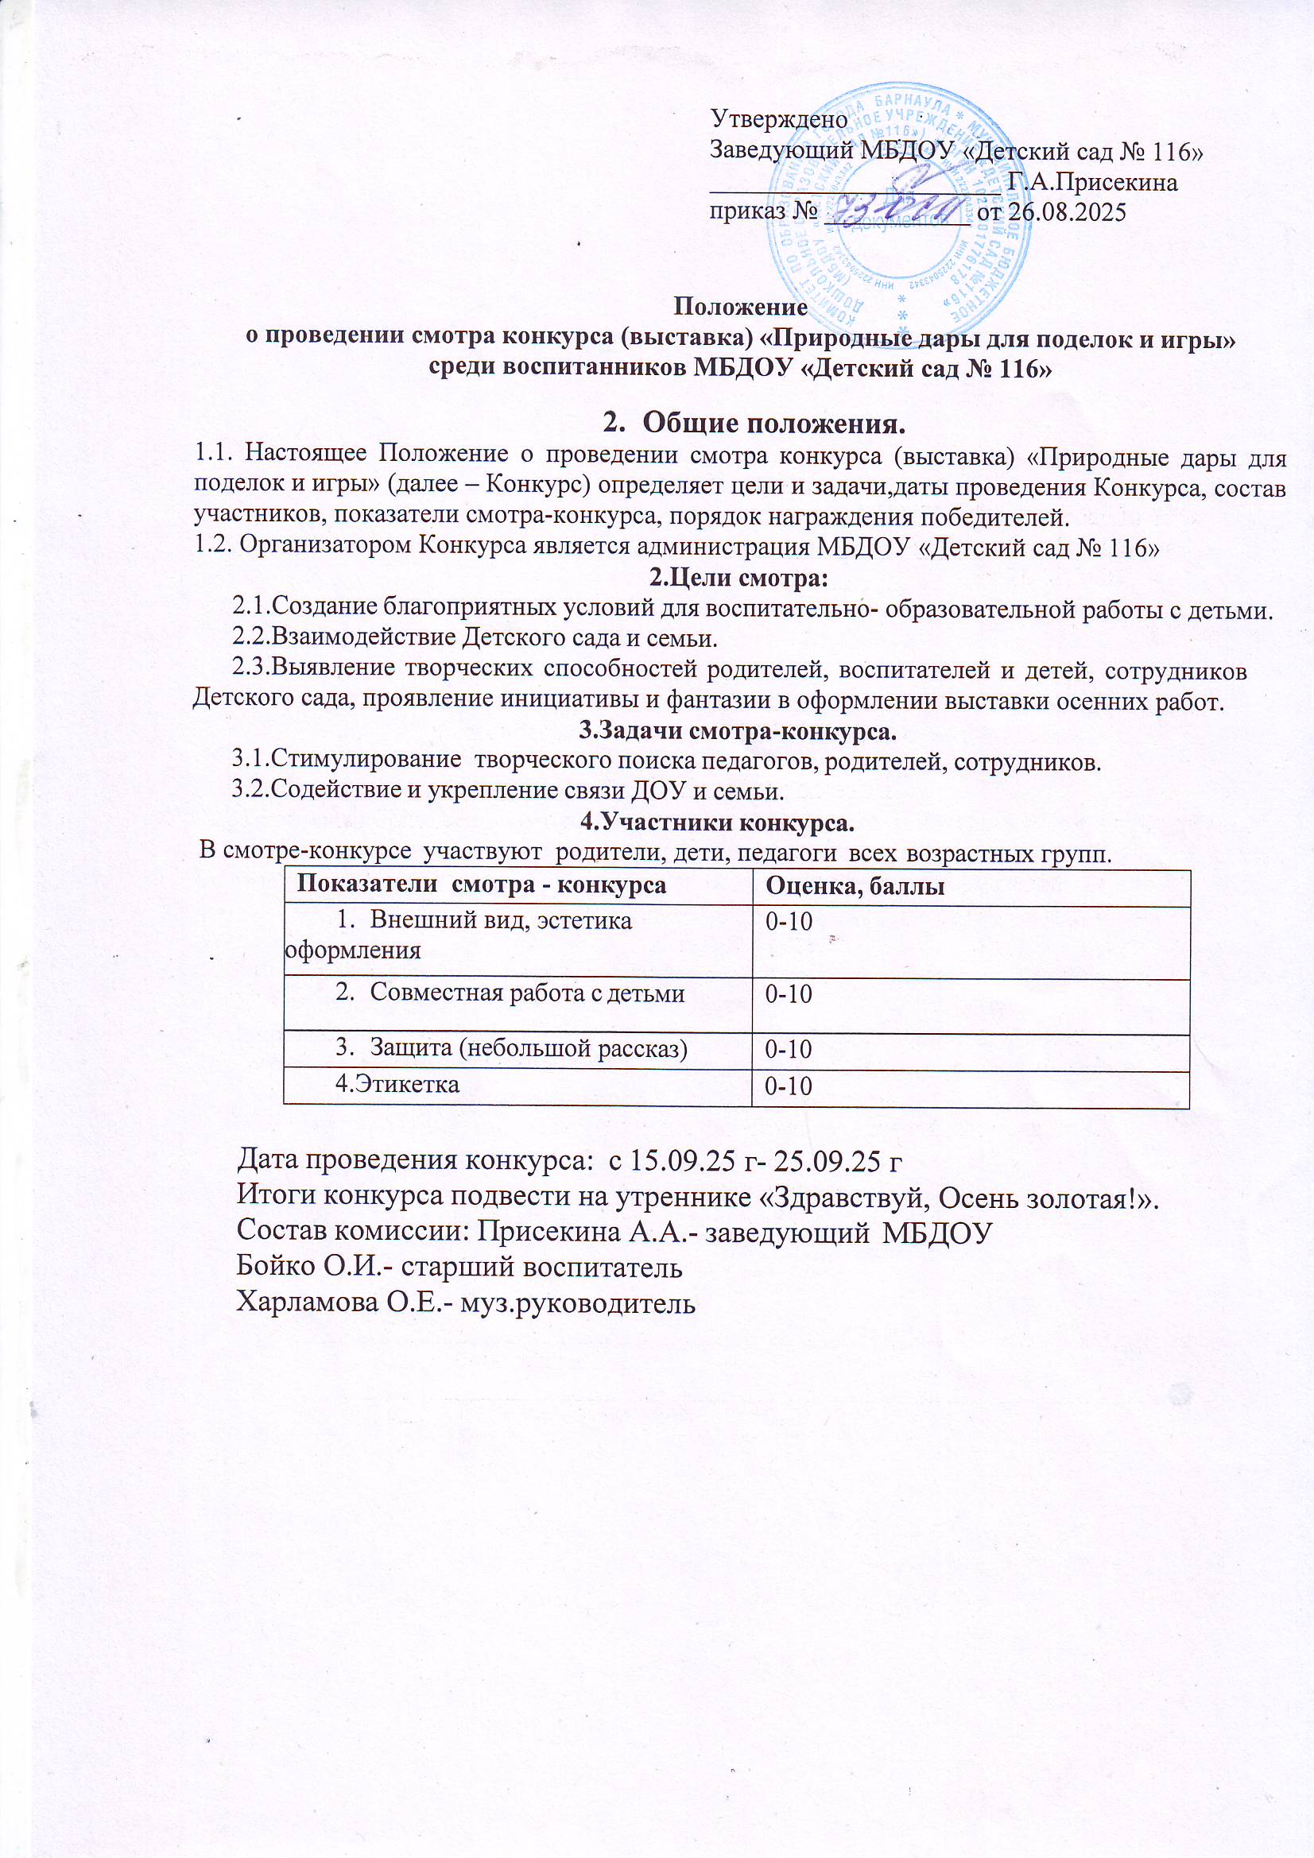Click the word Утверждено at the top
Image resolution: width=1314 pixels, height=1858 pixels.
click(778, 120)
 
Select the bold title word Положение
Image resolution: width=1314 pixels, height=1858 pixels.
click(741, 308)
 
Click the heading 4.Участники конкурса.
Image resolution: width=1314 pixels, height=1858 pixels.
click(718, 824)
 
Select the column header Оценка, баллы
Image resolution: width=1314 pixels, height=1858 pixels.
click(849, 887)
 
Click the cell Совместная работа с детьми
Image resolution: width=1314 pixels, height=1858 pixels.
click(527, 993)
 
